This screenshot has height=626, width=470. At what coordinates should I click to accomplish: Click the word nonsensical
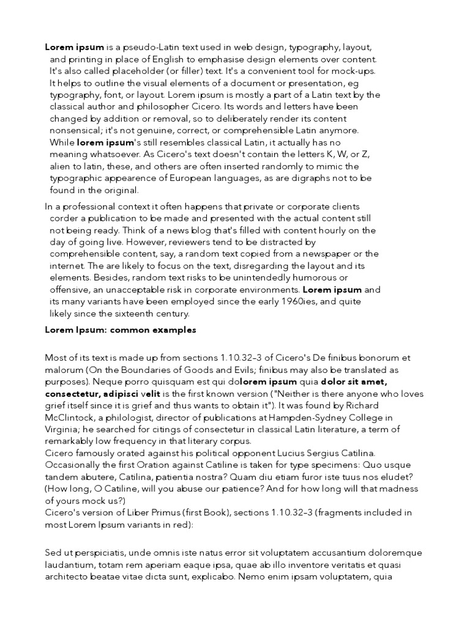(x=77, y=130)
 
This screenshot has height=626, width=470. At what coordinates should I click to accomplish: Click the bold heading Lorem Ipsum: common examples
(x=121, y=330)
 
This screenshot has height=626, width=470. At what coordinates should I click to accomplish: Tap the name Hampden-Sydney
(x=300, y=418)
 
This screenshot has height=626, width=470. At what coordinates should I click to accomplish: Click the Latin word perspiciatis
(x=101, y=553)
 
